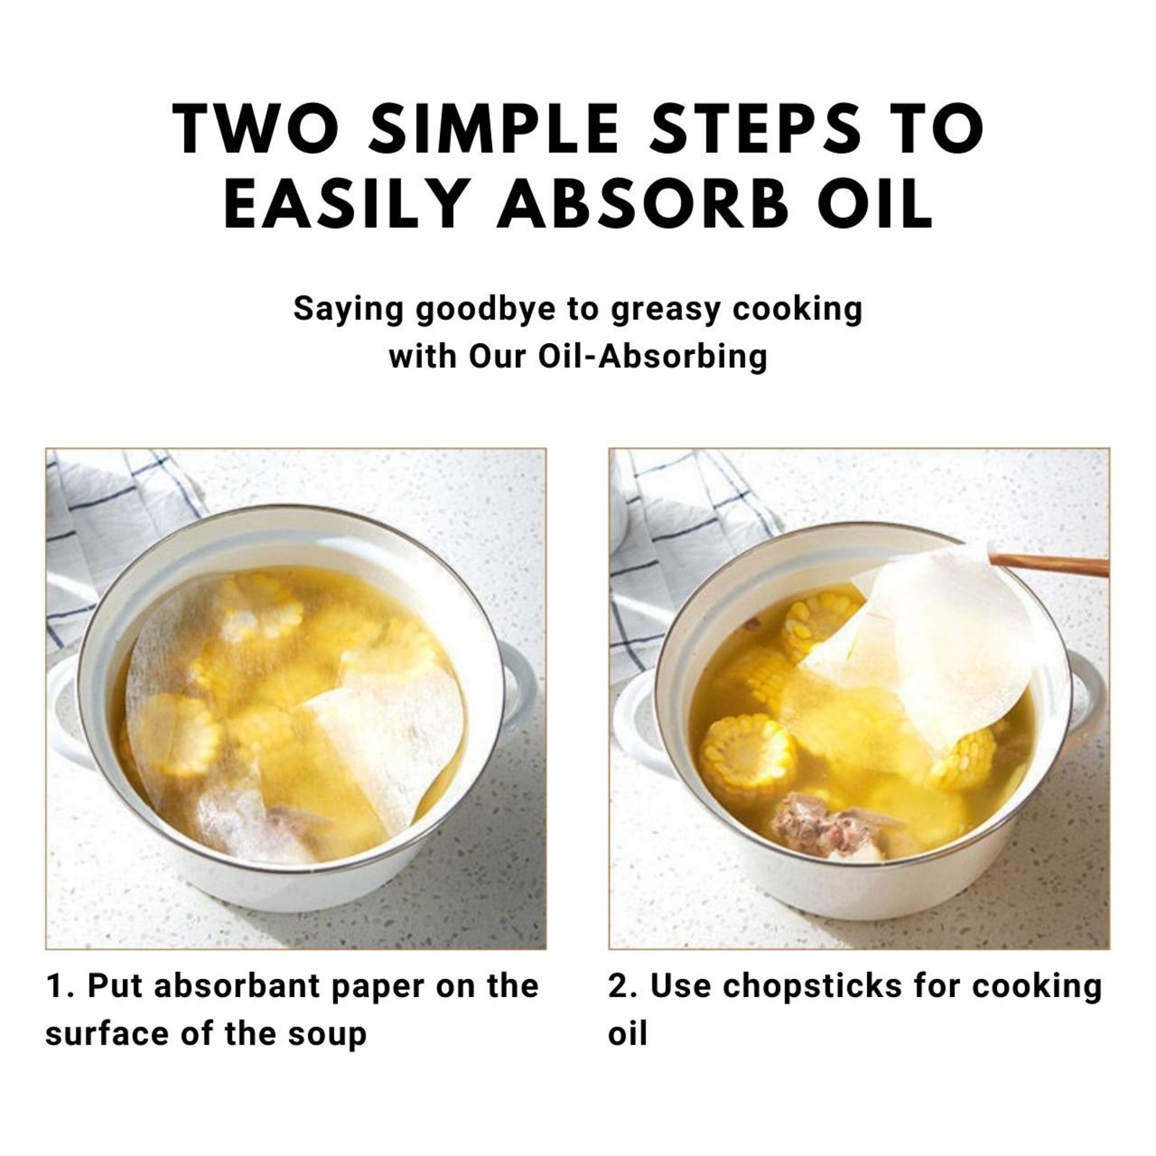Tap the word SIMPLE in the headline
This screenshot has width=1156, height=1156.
[503, 130]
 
